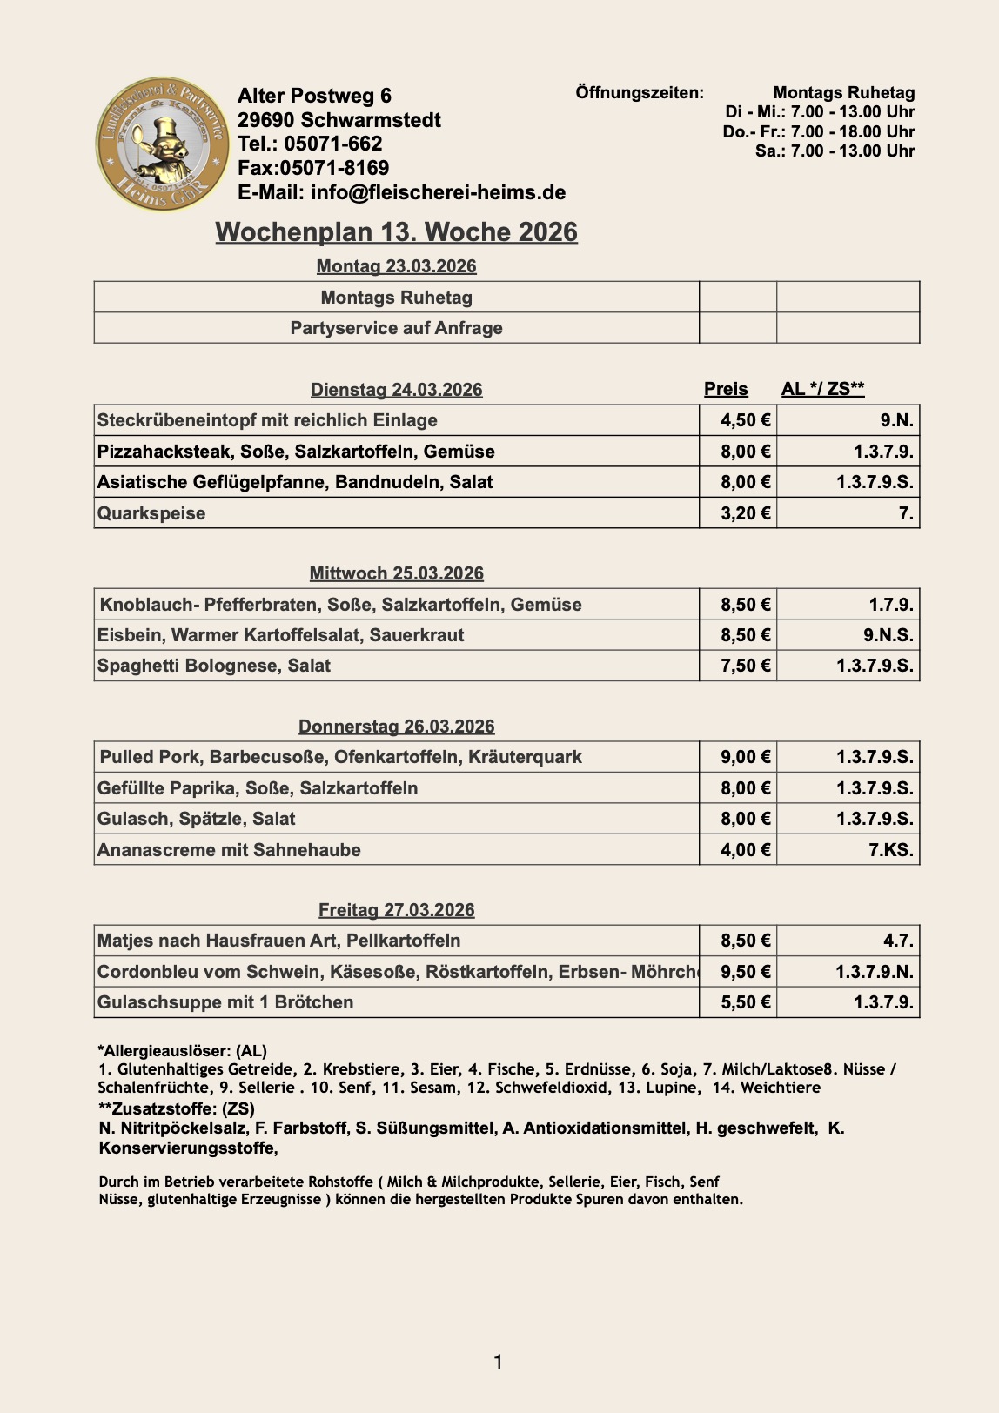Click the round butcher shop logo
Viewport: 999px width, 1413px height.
coord(163,144)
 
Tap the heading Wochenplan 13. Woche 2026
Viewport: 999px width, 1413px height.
coord(396,232)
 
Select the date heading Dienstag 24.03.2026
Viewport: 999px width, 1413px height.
coord(396,390)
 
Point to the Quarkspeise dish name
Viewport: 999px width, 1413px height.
coord(151,513)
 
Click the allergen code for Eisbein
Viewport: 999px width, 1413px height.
coord(888,635)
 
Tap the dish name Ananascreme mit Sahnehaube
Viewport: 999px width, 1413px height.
coord(229,850)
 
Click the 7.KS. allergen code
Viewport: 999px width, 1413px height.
coord(890,850)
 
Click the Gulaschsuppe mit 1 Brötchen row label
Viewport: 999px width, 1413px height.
coord(225,1002)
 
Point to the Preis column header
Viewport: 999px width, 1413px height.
coord(726,389)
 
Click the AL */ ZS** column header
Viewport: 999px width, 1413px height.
coord(822,389)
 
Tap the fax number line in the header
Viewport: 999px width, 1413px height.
coord(313,168)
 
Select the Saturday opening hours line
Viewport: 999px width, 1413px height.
coord(835,151)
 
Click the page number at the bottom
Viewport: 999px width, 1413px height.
coord(498,1362)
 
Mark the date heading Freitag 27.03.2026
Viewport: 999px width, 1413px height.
coord(396,910)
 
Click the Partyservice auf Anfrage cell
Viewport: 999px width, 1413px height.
coord(396,328)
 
